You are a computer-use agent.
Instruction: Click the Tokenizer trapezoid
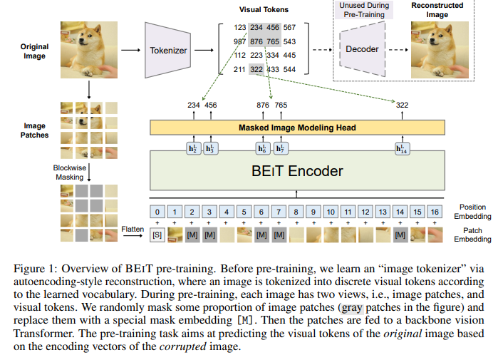pos(167,50)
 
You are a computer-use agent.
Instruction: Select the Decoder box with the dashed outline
pos(363,49)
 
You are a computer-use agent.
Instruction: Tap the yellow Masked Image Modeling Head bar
pos(297,128)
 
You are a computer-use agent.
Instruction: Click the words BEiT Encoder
pos(297,171)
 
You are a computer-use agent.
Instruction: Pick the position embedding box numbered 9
pos(313,212)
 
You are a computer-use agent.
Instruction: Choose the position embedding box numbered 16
pos(435,212)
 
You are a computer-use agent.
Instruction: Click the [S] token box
pos(157,235)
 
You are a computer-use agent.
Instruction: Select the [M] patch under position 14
pos(400,235)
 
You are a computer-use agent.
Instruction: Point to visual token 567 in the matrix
pos(289,28)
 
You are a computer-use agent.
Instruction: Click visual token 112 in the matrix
pos(240,56)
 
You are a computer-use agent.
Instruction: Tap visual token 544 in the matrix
pos(289,69)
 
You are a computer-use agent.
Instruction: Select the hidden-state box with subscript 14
pos(402,148)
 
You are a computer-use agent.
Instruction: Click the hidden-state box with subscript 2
pos(193,148)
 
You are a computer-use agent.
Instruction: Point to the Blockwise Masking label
pos(70,173)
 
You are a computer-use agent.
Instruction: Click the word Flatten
pos(133,229)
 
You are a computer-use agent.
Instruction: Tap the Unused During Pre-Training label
pos(364,10)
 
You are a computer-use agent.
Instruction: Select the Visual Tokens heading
pos(264,10)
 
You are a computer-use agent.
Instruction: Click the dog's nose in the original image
pos(81,41)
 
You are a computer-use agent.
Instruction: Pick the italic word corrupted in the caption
pos(182,346)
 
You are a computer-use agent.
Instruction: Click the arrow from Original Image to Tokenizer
pos(130,50)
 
